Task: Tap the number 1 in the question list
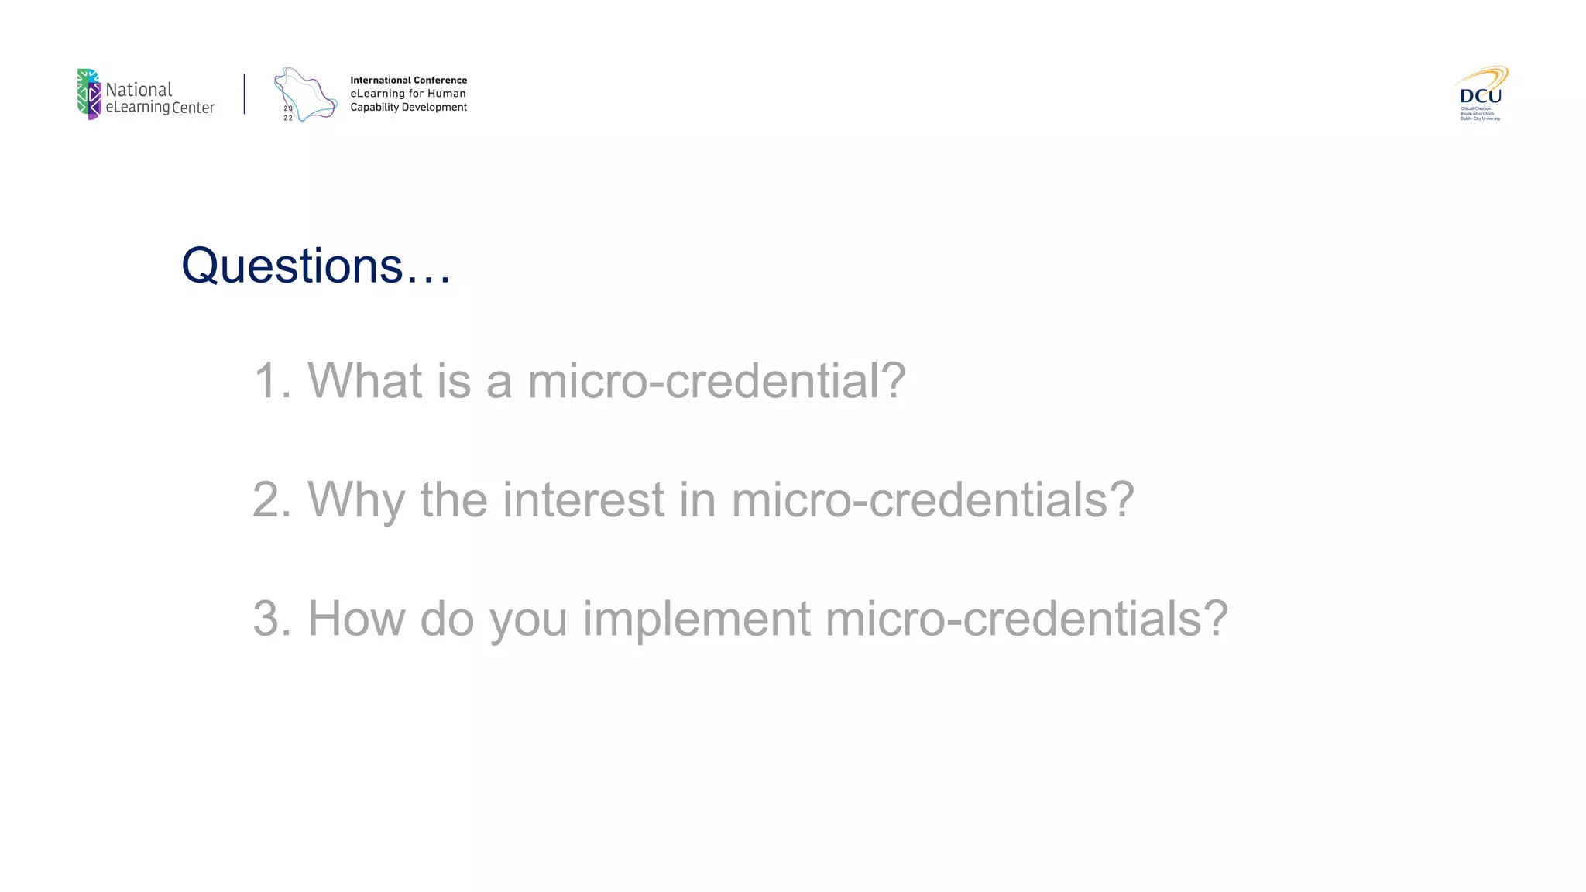tap(266, 381)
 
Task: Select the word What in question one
tap(366, 381)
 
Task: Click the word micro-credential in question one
tap(716, 381)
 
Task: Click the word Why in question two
tap(356, 500)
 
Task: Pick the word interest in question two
tap(583, 500)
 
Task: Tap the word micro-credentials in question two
tap(932, 500)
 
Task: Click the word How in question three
tap(356, 619)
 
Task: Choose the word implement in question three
tap(696, 619)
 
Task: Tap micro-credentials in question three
tap(1026, 619)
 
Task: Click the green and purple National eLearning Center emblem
tap(89, 94)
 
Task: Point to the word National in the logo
tap(139, 89)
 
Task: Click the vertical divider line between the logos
tap(245, 94)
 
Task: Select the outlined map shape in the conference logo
tap(307, 94)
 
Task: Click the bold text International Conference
tap(408, 80)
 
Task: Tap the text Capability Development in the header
tap(408, 107)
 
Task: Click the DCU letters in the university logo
tap(1480, 96)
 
